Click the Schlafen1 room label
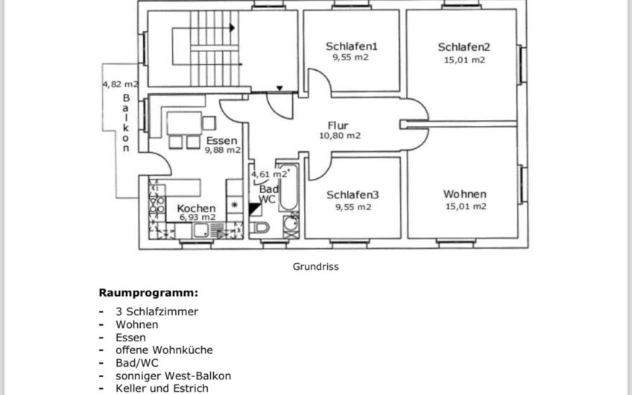click(x=352, y=46)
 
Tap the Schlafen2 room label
click(x=464, y=47)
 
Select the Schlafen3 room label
click(x=353, y=195)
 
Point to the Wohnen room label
click(x=465, y=194)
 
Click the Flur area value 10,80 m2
click(x=340, y=136)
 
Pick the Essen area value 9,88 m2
click(x=223, y=150)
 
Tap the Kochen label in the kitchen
click(x=196, y=209)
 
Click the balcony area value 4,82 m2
click(x=120, y=84)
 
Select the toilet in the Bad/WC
click(x=259, y=228)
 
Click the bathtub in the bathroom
click(x=288, y=186)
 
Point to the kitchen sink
click(x=200, y=230)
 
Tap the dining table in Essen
click(x=184, y=123)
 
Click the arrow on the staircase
click(x=233, y=28)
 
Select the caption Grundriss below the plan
click(x=315, y=266)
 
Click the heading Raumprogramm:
click(x=148, y=293)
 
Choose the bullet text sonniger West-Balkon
click(x=174, y=376)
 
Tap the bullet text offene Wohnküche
click(x=164, y=350)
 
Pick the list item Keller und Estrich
click(x=162, y=388)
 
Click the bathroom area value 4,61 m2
click(x=269, y=174)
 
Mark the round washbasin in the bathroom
click(x=291, y=223)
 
